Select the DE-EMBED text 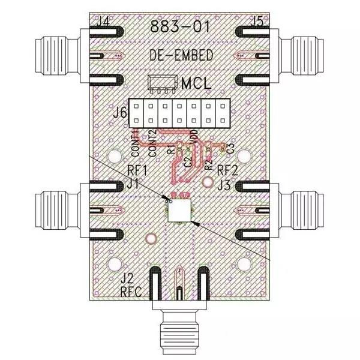point(180,55)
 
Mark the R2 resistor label point(208,157)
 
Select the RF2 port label point(229,169)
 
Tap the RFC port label point(131,293)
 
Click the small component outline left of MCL point(162,84)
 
